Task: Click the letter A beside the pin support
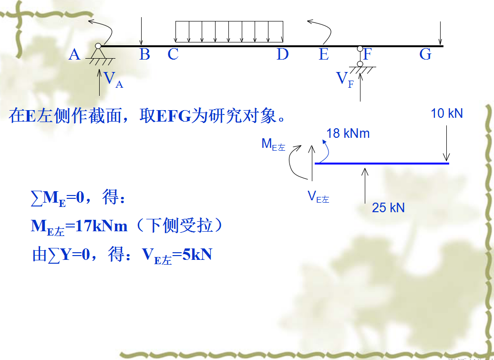click(74, 55)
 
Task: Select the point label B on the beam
click(144, 55)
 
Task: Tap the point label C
click(173, 55)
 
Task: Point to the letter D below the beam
click(283, 55)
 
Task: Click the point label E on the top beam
click(324, 55)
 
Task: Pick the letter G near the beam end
click(425, 55)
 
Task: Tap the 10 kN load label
click(447, 113)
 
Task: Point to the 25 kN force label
click(388, 207)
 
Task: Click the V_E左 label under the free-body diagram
click(318, 196)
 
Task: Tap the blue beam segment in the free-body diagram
click(381, 163)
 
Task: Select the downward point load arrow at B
click(141, 31)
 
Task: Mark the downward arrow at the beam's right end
click(440, 33)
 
